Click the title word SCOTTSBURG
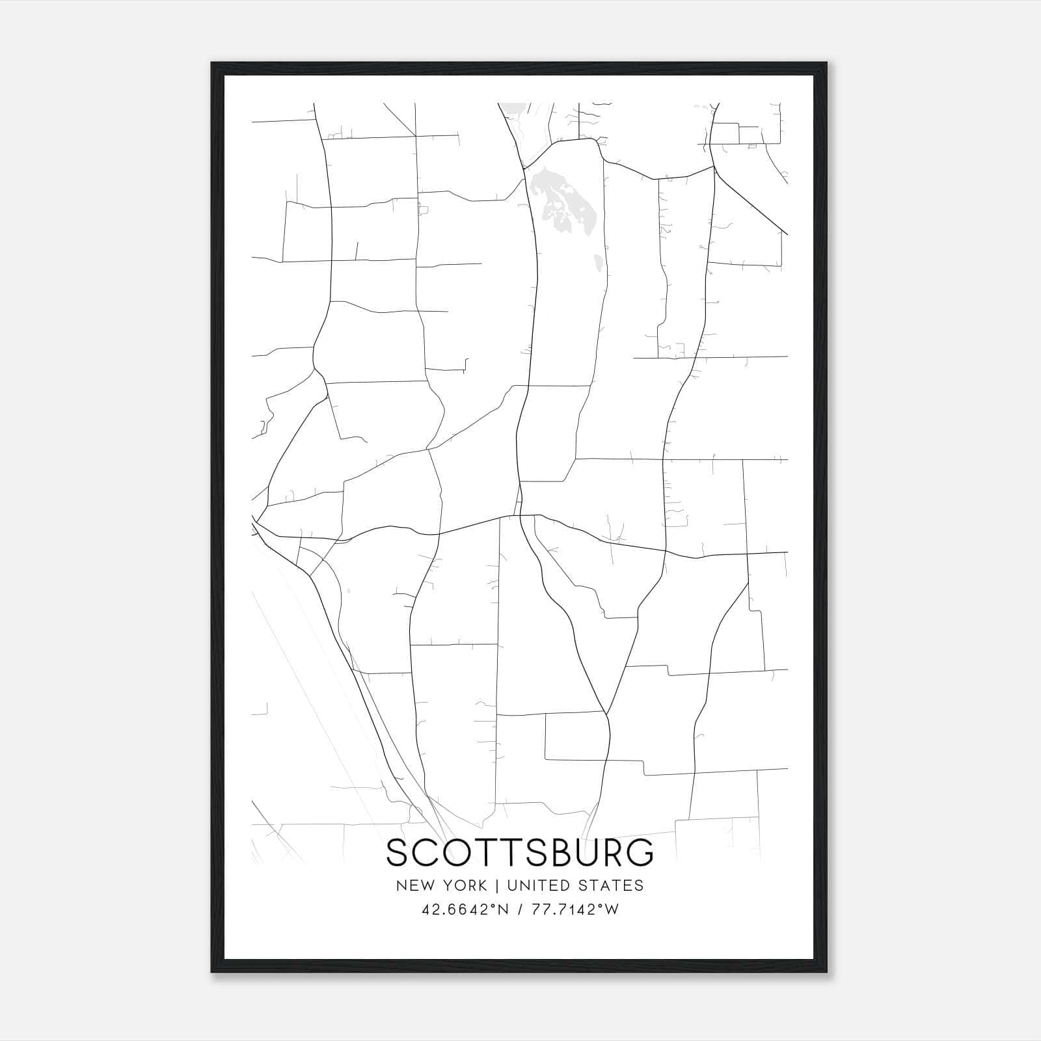click(x=520, y=852)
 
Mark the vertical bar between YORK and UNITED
click(x=497, y=886)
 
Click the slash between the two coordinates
click(x=521, y=910)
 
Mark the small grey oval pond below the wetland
click(x=597, y=263)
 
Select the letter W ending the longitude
click(x=610, y=910)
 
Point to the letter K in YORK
click(x=482, y=886)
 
